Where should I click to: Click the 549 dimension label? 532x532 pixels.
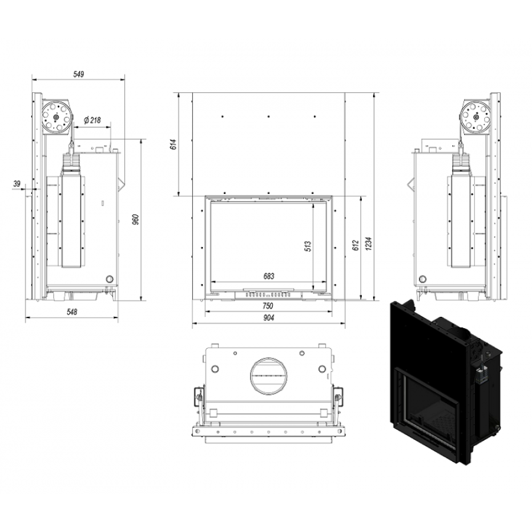click(79, 74)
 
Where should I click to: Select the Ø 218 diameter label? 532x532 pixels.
click(92, 120)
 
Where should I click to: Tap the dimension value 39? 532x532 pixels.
click(17, 184)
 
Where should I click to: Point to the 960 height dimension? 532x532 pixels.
click(136, 220)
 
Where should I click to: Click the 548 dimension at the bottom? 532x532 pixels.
click(72, 312)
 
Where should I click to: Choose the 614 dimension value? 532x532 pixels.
click(175, 145)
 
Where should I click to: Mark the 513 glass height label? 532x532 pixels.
click(308, 246)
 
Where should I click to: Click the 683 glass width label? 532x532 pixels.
click(269, 276)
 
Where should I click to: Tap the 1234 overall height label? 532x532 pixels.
click(369, 244)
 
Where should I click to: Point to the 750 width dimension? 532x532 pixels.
click(268, 306)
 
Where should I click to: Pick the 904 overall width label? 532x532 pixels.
click(268, 318)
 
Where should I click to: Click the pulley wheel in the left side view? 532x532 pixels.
click(56, 116)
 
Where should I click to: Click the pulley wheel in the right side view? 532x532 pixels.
click(476, 116)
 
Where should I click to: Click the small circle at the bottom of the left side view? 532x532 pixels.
click(110, 279)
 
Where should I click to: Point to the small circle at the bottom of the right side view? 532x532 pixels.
click(423, 279)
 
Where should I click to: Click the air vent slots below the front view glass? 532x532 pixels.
click(268, 295)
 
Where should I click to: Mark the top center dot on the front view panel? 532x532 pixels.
click(269, 116)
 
